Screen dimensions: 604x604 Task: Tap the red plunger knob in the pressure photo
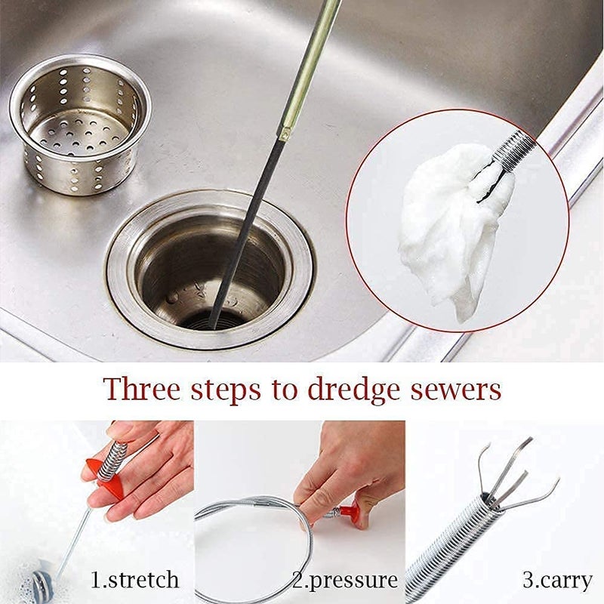pyautogui.click(x=350, y=512)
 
